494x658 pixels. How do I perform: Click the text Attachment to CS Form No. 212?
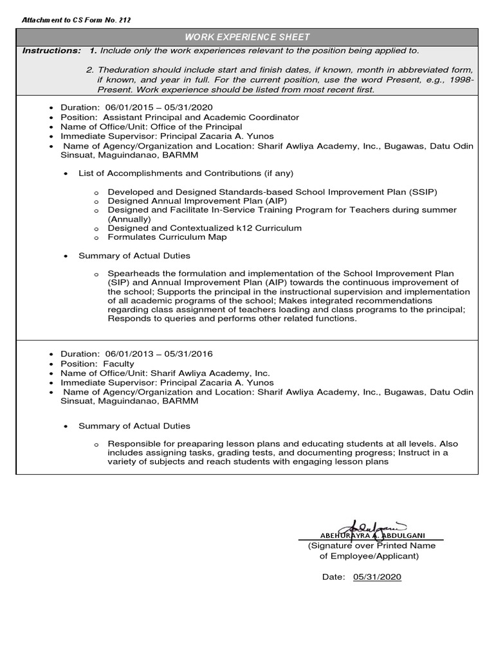[76, 21]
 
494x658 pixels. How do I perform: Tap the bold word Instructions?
[51, 51]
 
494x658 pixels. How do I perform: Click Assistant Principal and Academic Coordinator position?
[197, 118]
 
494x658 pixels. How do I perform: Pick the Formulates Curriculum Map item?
[167, 237]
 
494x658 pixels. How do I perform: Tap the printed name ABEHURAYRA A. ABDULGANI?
[372, 535]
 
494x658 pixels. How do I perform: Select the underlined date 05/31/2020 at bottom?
[377, 577]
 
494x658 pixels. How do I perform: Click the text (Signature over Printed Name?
[371, 546]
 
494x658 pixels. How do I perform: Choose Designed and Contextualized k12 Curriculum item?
[204, 228]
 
